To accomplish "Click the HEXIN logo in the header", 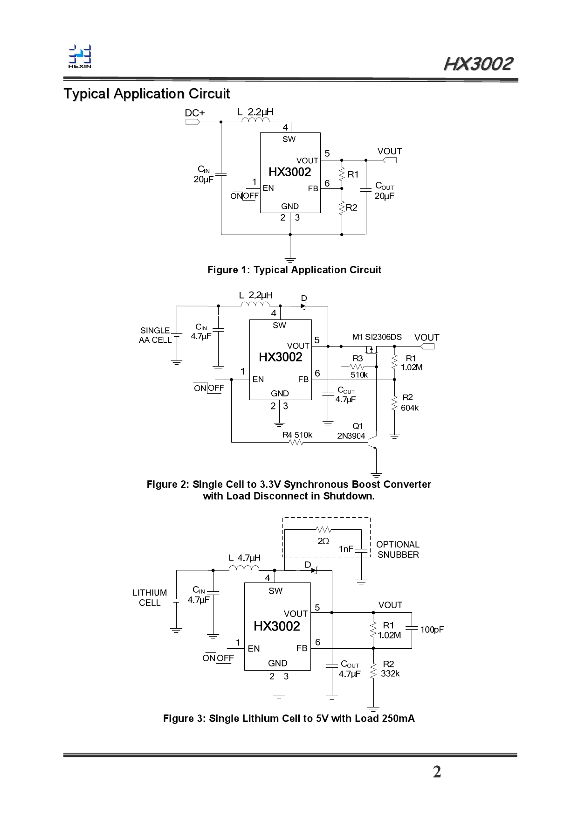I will coord(80,56).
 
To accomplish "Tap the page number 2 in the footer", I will coord(437,772).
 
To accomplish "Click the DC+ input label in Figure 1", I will coord(195,113).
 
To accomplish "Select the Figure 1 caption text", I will coord(294,270).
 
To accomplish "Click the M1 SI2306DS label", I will coord(377,337).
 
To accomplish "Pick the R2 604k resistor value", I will coord(410,408).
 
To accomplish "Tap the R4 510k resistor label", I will coord(297,435).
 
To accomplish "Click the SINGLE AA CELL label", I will coord(155,335).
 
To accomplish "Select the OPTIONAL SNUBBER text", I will coord(398,549).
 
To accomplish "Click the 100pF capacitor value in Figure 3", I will coord(432,630).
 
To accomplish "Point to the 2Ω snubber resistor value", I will coord(323,541).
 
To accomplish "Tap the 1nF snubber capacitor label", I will coord(346,549).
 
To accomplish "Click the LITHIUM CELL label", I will coord(150,597).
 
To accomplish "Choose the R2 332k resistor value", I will coord(390,674).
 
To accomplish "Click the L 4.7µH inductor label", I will coord(244,558).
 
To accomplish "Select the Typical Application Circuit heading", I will coord(147,94).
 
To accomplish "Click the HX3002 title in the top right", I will coord(478,64).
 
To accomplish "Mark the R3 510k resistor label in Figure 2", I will coord(358,367).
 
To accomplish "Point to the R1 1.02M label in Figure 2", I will coord(411,363).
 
